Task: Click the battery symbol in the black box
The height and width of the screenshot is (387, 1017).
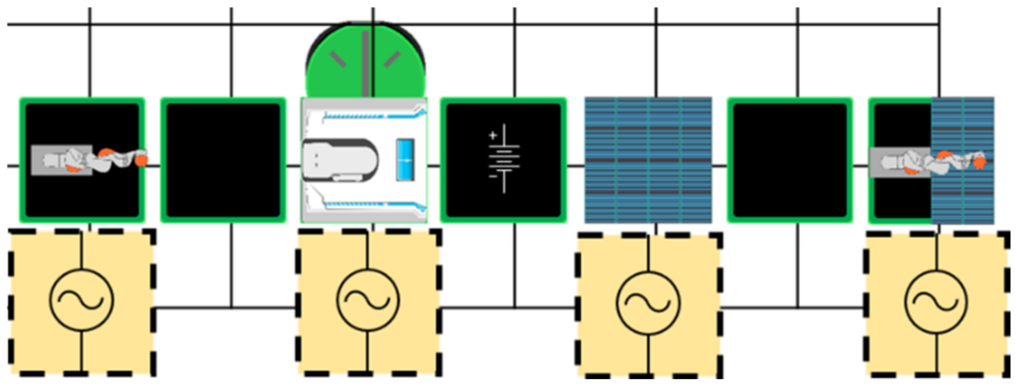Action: click(x=504, y=158)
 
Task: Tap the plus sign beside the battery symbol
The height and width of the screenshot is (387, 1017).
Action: click(x=493, y=135)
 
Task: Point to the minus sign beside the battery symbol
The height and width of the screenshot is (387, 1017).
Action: click(x=493, y=176)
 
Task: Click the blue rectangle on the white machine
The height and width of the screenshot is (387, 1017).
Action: click(x=405, y=160)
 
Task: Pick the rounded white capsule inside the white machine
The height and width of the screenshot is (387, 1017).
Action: click(x=340, y=160)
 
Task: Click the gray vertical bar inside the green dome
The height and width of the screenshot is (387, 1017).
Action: click(x=366, y=63)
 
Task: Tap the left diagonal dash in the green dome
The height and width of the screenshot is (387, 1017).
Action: click(x=338, y=59)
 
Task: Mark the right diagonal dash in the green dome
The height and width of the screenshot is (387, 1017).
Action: click(x=392, y=59)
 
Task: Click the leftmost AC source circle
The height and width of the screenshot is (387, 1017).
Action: click(x=82, y=300)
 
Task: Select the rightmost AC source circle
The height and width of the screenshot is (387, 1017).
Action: click(x=937, y=302)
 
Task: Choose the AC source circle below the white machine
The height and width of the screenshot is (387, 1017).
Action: click(x=368, y=300)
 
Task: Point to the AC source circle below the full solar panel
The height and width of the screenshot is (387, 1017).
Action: click(x=648, y=303)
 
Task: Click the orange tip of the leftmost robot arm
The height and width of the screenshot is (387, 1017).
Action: click(x=141, y=161)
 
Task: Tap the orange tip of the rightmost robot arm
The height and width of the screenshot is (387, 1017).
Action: click(x=979, y=163)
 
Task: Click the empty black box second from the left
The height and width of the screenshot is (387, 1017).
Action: click(x=223, y=160)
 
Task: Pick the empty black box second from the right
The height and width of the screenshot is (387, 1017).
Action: click(x=790, y=160)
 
